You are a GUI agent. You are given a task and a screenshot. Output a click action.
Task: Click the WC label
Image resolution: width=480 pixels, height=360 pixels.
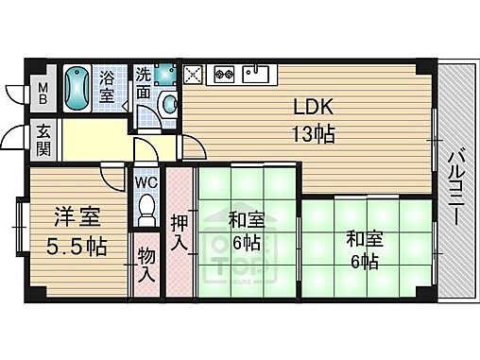(146, 181)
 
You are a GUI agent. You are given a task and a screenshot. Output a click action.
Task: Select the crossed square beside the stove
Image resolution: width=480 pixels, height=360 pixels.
(194, 71)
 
